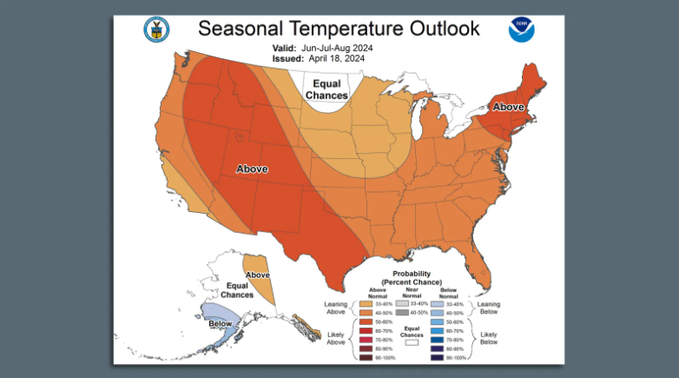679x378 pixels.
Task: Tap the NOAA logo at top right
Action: tap(522, 30)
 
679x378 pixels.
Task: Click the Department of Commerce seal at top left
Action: tap(156, 30)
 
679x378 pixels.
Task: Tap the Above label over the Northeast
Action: tap(509, 107)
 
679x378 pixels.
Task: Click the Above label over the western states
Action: tap(252, 169)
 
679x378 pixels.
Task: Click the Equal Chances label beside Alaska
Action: tap(237, 290)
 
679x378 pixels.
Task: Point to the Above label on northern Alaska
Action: tap(258, 275)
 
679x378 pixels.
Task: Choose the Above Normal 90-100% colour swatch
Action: tap(364, 357)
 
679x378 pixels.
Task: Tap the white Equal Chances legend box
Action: tap(412, 342)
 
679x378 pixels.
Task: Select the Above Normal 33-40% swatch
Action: tap(364, 304)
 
